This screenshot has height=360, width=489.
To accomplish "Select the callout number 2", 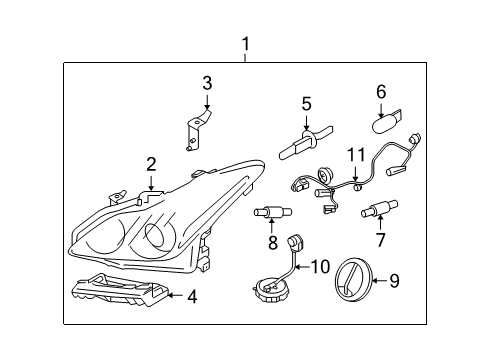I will click(x=151, y=165).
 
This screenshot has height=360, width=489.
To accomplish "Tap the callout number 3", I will click(x=207, y=83).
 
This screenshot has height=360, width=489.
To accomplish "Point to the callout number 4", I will click(x=193, y=295).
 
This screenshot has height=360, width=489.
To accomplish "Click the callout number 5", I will click(x=307, y=102).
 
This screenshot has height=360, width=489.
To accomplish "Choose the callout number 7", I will click(x=380, y=240).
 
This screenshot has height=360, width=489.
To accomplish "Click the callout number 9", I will click(x=393, y=281).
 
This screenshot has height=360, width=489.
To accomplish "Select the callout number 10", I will click(x=320, y=266).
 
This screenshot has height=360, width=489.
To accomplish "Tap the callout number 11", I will click(x=357, y=155).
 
